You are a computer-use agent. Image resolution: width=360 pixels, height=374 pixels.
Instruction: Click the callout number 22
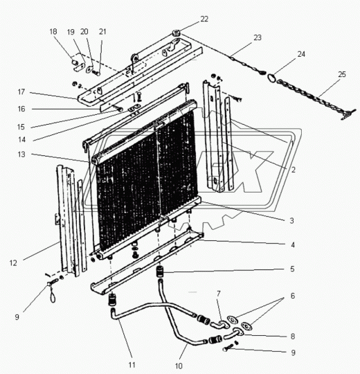[204, 19]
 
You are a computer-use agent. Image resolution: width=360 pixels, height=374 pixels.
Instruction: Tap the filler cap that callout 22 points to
[177, 33]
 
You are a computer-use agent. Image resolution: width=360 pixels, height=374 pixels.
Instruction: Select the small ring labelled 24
[271, 78]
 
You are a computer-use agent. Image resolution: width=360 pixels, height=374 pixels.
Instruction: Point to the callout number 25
[341, 74]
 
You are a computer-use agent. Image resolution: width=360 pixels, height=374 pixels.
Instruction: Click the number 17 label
[21, 92]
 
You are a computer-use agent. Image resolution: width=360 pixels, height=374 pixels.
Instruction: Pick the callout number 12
[13, 263]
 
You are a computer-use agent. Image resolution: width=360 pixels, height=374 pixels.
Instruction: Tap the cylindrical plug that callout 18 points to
[75, 62]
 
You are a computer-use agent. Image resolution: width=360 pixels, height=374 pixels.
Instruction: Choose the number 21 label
[102, 31]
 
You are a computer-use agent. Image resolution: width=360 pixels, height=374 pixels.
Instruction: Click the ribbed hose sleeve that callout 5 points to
[160, 271]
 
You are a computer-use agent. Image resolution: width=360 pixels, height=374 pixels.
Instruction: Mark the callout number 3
[291, 221]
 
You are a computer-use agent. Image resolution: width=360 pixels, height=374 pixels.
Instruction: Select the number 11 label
[132, 365]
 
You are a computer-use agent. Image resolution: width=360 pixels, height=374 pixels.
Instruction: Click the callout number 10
[179, 366]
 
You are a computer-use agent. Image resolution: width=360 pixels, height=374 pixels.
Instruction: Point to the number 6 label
[293, 296]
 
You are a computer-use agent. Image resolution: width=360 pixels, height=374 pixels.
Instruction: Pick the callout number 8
[293, 337]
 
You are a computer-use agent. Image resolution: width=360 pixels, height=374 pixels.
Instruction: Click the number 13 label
[21, 154]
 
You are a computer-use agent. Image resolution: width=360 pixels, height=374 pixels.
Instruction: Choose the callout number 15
[21, 127]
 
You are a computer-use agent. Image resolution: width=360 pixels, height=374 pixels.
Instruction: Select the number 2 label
[293, 170]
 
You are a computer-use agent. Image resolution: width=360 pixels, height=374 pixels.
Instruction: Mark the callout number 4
[293, 244]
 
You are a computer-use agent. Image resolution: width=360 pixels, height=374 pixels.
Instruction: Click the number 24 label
[301, 54]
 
